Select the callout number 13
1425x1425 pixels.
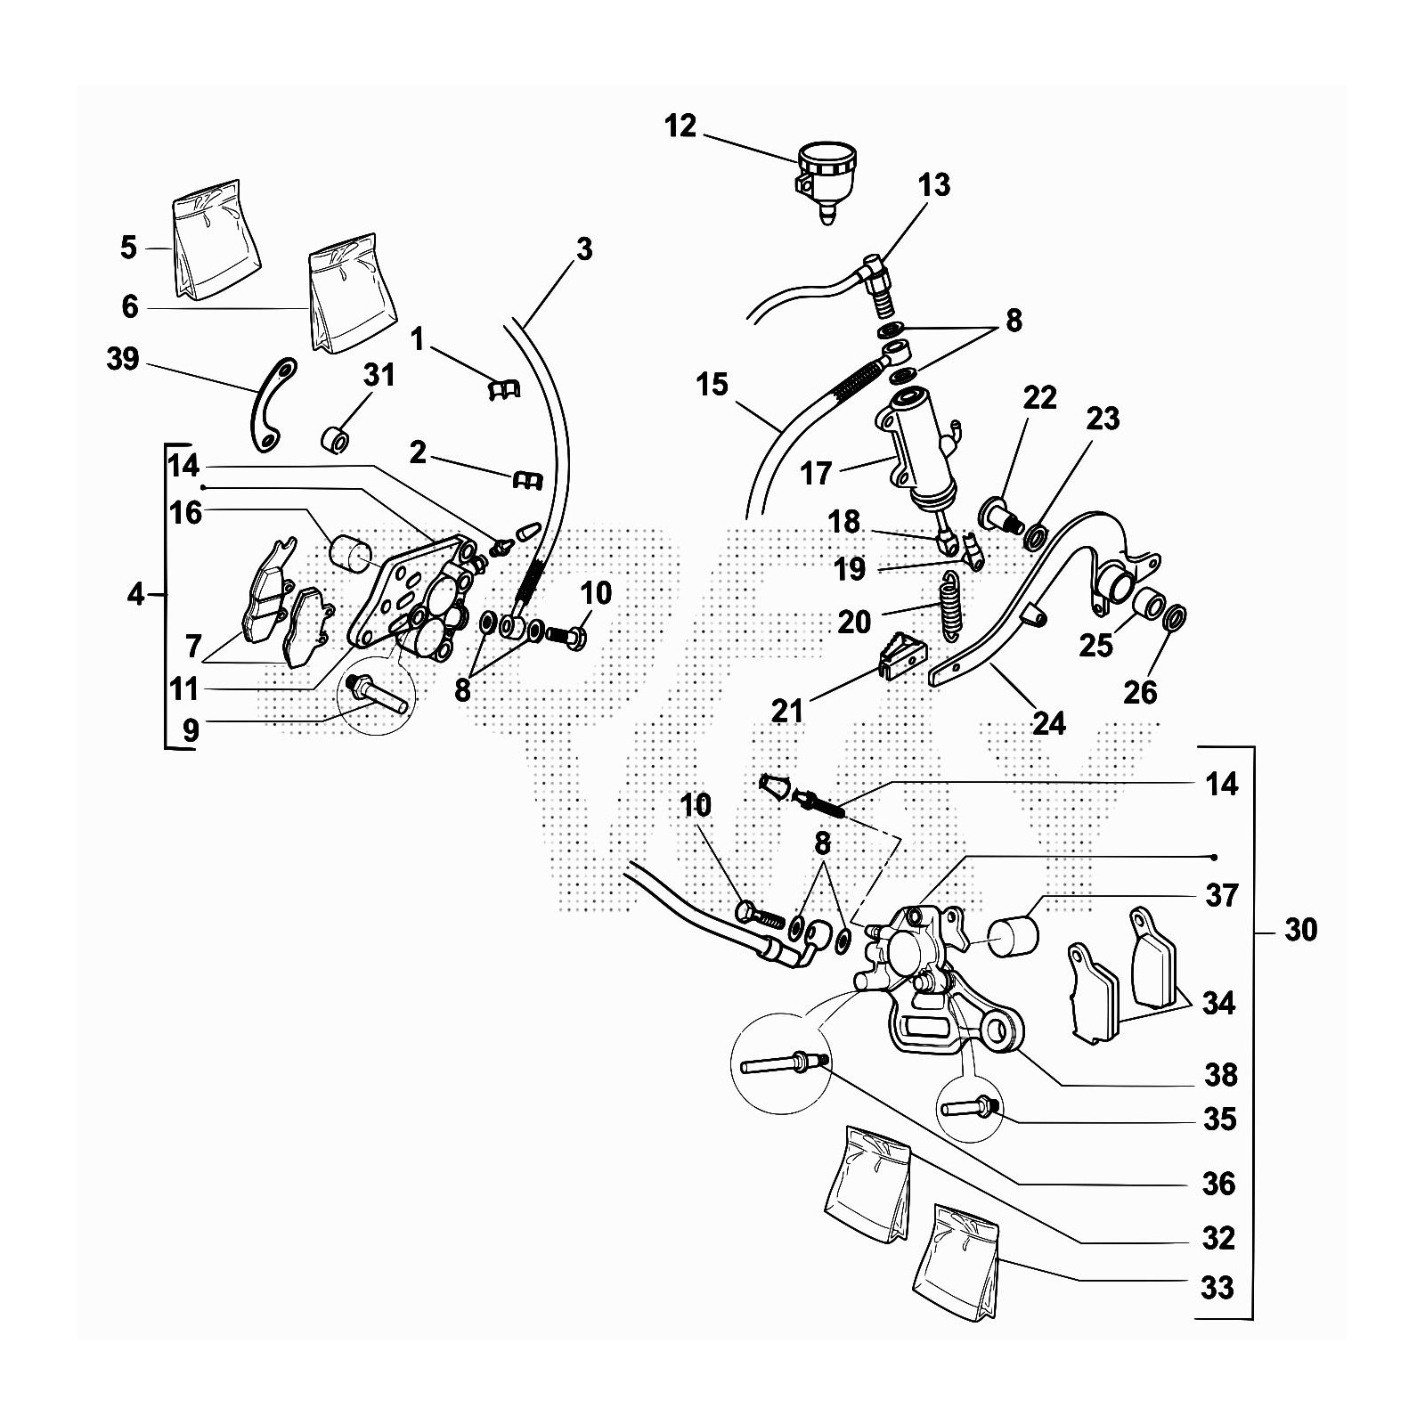pos(934,185)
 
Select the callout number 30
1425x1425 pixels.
pos(1301,930)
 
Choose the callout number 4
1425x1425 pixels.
pos(134,594)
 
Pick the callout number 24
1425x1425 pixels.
pos(1048,723)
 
